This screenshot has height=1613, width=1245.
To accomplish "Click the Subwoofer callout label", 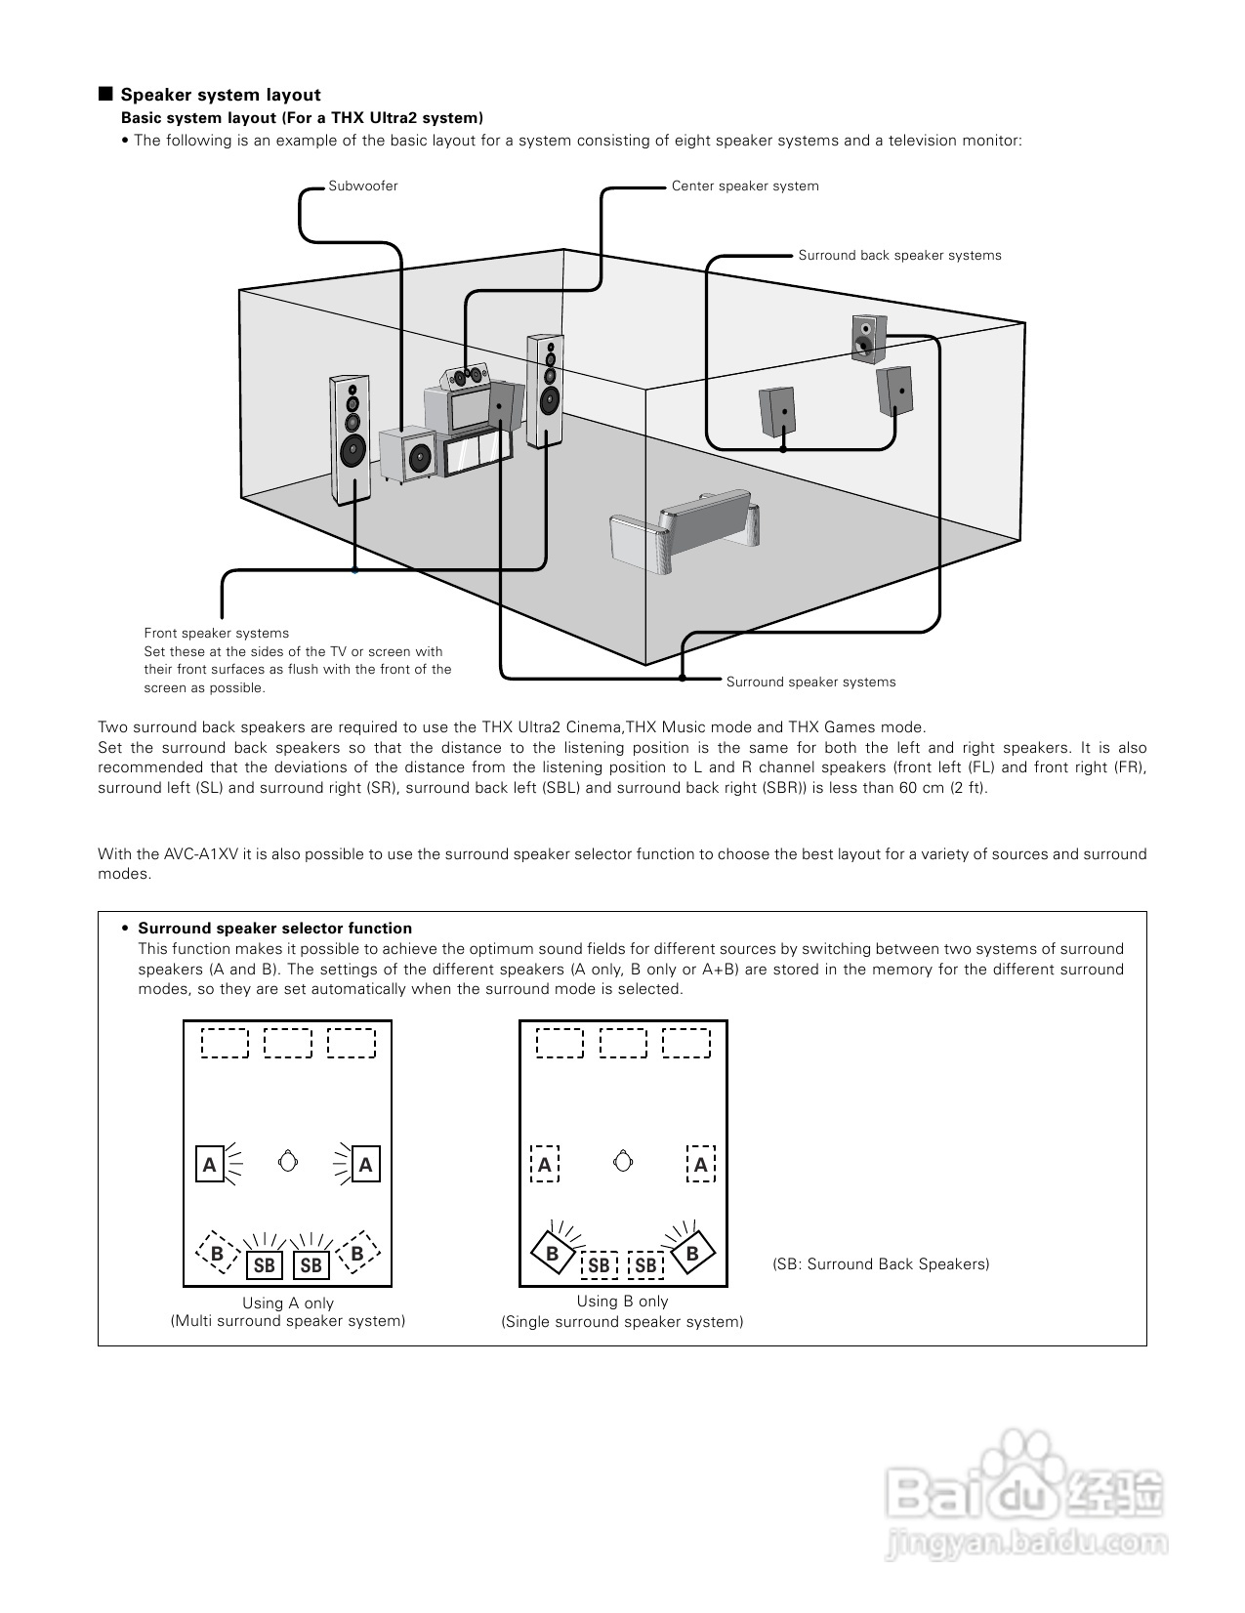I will pyautogui.click(x=362, y=186).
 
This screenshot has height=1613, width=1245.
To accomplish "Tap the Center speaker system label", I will pyautogui.click(x=744, y=186).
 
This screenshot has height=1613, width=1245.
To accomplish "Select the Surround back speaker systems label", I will pyautogui.click(x=899, y=256).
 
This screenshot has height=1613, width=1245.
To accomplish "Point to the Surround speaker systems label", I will pyautogui.click(x=810, y=682).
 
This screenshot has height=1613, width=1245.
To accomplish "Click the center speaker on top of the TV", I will pyautogui.click(x=467, y=376).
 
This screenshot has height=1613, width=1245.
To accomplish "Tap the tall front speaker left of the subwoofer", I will pyautogui.click(x=350, y=439).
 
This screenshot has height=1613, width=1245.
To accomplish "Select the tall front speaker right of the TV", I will pyautogui.click(x=545, y=391).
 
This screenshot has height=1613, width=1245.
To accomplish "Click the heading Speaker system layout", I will pyautogui.click(x=220, y=95).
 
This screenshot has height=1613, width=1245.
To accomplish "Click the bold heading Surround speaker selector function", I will pyautogui.click(x=274, y=929).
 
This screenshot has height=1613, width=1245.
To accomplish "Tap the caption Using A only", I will pyautogui.click(x=288, y=1303).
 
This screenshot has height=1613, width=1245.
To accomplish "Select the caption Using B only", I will pyautogui.click(x=622, y=1302).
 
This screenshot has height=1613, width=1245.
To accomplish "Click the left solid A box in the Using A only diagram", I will pyautogui.click(x=210, y=1164).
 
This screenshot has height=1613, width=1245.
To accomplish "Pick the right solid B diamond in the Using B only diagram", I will pyautogui.click(x=692, y=1253).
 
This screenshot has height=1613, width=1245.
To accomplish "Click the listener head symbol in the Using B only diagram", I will pyautogui.click(x=623, y=1162).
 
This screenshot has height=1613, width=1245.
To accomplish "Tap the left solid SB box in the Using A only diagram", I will pyautogui.click(x=265, y=1265).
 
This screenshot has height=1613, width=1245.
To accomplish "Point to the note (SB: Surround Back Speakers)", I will pyautogui.click(x=881, y=1264).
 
